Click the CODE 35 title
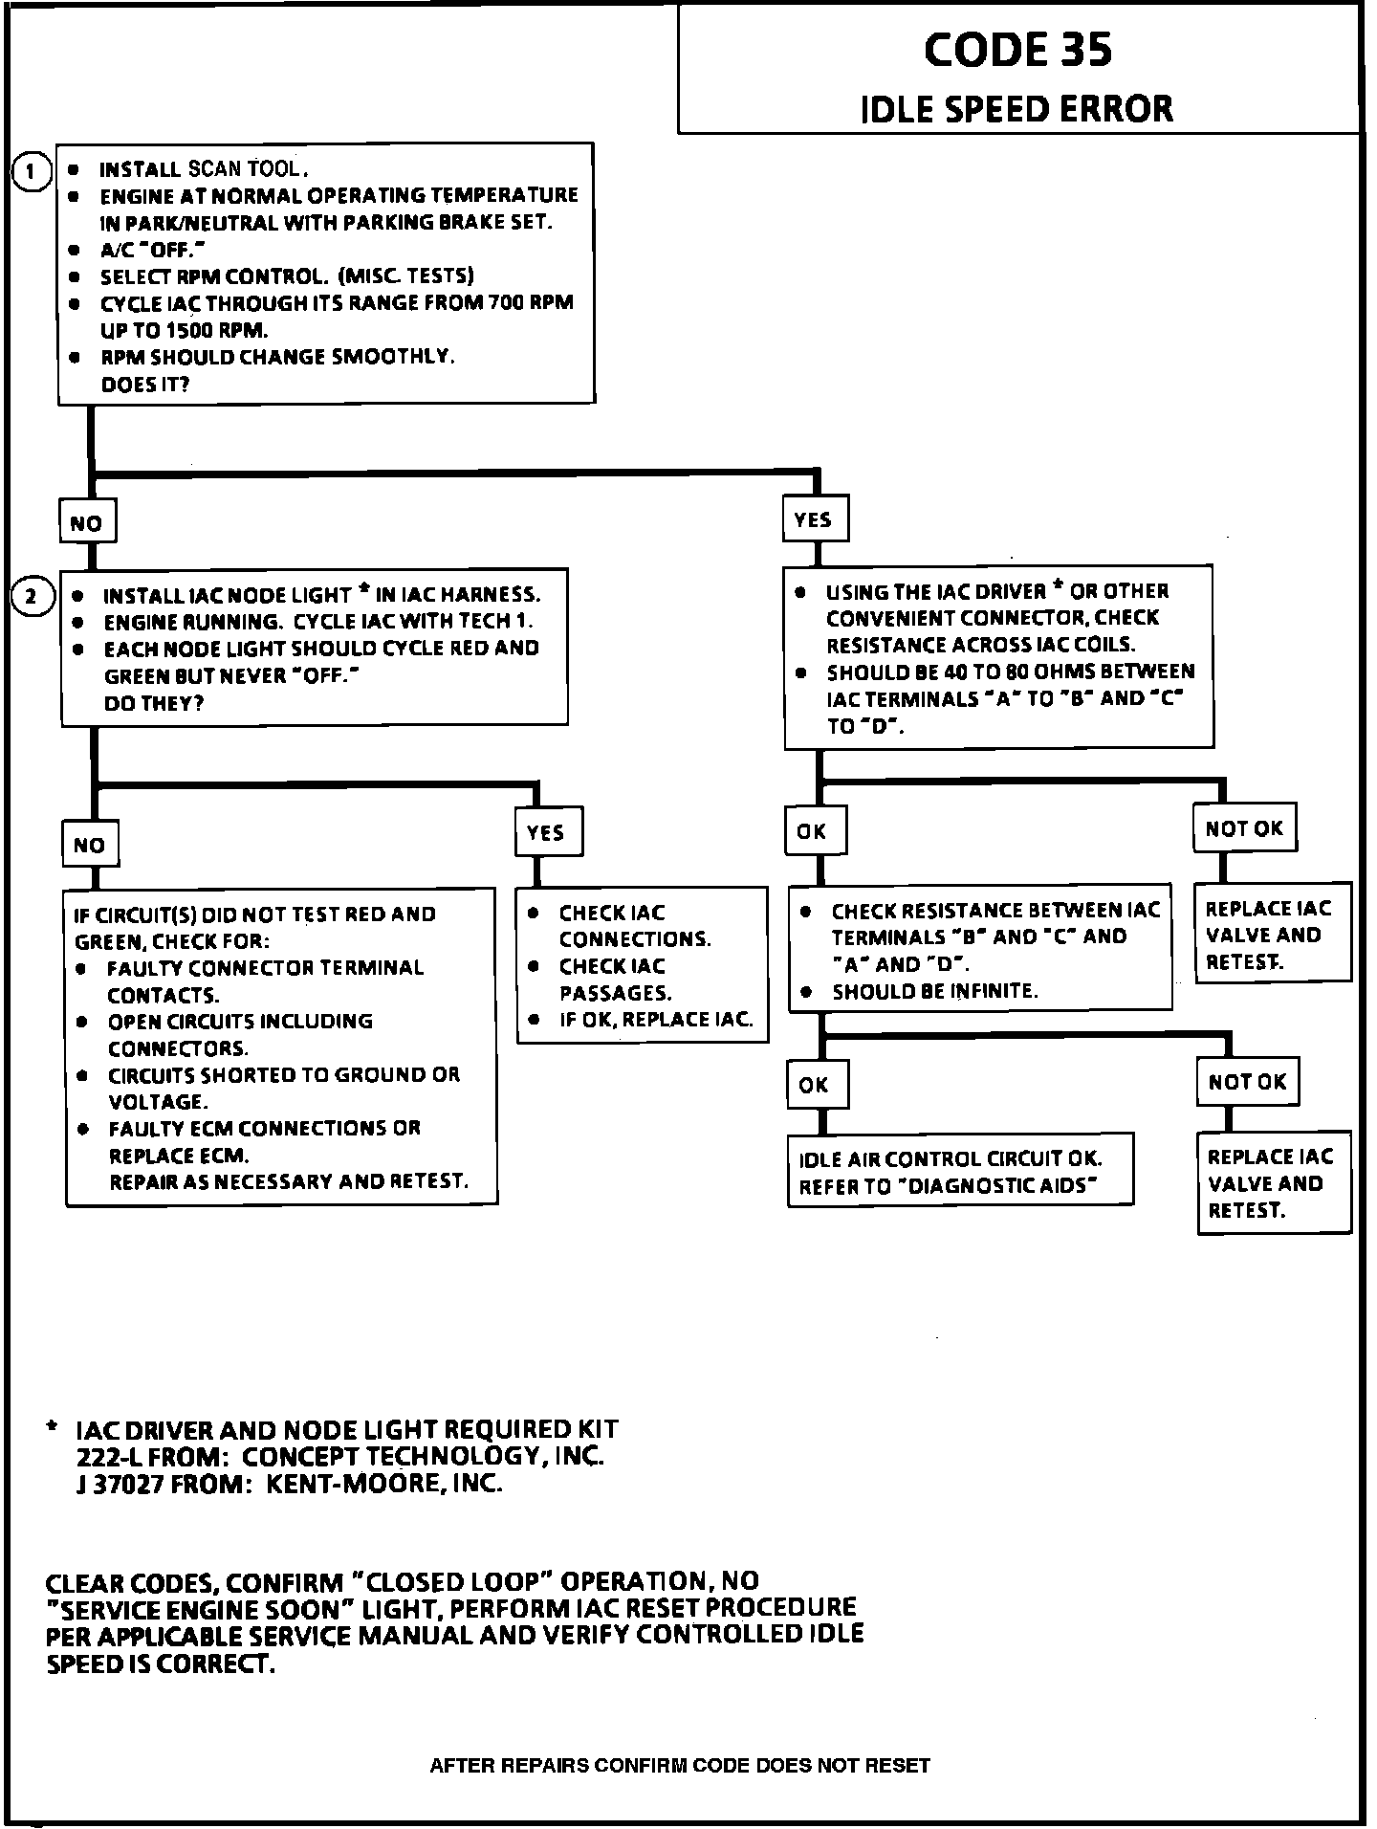coord(1017,50)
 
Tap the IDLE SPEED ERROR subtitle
coord(1016,109)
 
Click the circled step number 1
coord(32,172)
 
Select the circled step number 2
coord(32,597)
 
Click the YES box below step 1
coord(814,519)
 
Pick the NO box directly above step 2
coord(87,523)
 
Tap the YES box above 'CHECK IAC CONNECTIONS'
coord(547,832)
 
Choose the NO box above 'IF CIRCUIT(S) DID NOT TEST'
coord(90,845)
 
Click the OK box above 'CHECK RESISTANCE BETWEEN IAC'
coord(814,831)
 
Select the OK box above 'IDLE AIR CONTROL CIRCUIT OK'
coord(815,1085)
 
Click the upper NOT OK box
coord(1244,828)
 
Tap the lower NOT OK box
coord(1247,1082)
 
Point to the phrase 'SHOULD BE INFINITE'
coord(934,991)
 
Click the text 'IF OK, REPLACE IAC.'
coord(656,1020)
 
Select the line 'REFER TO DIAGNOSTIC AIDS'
coord(948,1186)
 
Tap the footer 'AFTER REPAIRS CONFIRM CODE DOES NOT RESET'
coord(680,1765)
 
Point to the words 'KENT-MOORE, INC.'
coord(383,1484)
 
